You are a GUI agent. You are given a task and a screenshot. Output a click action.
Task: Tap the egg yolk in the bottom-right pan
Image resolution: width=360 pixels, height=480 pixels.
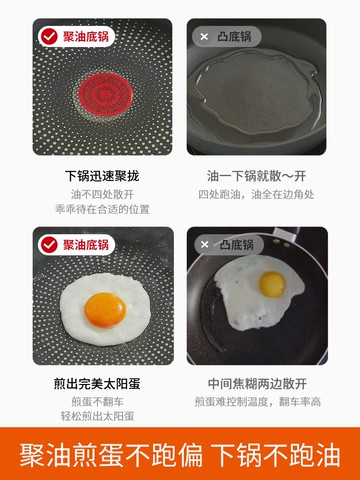pyautogui.click(x=271, y=283)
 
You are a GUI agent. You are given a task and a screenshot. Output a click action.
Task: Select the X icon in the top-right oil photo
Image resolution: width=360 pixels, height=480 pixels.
pyautogui.click(x=204, y=36)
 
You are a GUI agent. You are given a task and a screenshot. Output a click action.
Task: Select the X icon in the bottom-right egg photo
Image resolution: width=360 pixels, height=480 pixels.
pyautogui.click(x=204, y=244)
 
